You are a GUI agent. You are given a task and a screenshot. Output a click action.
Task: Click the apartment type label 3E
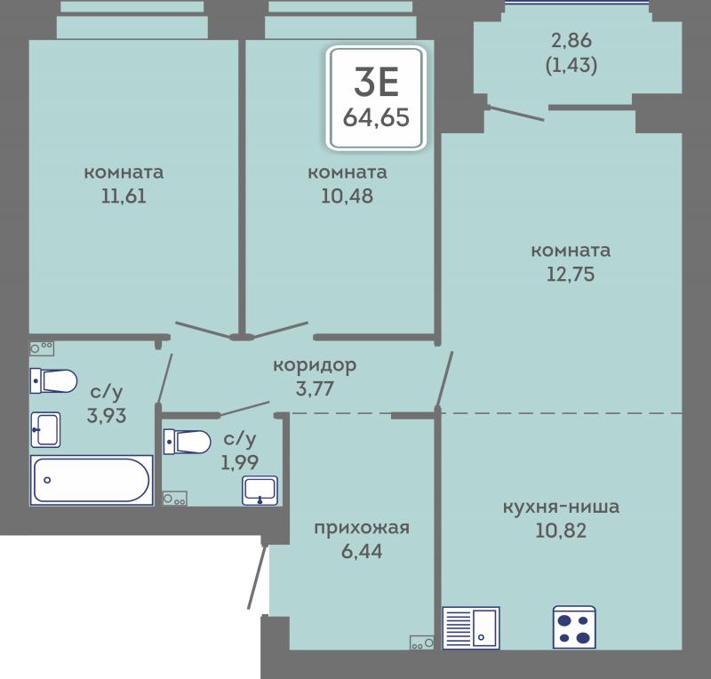(x=376, y=82)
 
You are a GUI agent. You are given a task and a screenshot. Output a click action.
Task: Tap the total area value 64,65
(x=376, y=117)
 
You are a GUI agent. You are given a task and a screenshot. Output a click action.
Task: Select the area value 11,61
(x=124, y=196)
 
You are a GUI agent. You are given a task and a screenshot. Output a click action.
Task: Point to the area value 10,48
(x=348, y=196)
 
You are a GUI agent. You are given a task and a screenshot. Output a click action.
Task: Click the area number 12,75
(x=571, y=275)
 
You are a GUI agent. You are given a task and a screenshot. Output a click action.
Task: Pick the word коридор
(x=315, y=365)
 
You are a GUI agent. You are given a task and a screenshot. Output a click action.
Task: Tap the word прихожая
(x=362, y=528)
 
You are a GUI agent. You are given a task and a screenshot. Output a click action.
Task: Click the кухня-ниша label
(x=562, y=507)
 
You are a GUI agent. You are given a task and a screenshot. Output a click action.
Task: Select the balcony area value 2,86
(x=571, y=40)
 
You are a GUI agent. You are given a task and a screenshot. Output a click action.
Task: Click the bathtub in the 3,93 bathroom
(x=92, y=480)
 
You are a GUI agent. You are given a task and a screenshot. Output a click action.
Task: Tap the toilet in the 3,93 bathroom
(x=53, y=381)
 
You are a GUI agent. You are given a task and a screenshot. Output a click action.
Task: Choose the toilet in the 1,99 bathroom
(x=187, y=442)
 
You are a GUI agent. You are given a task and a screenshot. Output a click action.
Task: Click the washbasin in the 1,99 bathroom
(x=260, y=491)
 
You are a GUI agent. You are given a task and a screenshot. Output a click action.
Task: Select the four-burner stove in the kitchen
(x=574, y=627)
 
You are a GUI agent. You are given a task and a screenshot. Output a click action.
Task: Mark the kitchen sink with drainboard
(x=471, y=628)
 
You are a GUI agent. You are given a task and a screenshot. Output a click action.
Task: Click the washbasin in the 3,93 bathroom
(x=45, y=429)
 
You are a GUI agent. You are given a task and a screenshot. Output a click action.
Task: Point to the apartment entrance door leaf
(x=258, y=576)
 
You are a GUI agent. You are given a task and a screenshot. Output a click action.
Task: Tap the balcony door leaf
(x=515, y=113)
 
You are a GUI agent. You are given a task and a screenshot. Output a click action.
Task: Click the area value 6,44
(x=362, y=552)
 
